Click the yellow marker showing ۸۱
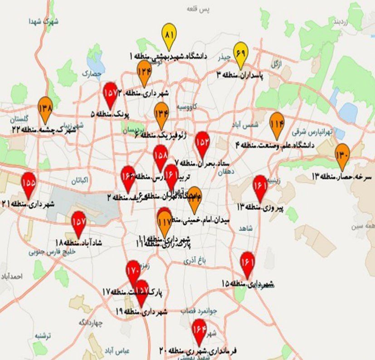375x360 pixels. pos(170,35)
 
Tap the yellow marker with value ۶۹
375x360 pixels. pos(241,54)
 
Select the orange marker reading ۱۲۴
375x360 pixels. pos(144,72)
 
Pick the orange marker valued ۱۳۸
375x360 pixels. pos(45,108)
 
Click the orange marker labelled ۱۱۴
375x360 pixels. pos(277,123)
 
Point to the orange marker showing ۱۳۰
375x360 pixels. pos(342,155)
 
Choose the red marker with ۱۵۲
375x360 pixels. pos(202,143)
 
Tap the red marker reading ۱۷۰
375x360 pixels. pos(133,271)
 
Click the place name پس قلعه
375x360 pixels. pos(198,9)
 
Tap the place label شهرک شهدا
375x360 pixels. pos(44,21)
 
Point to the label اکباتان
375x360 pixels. pos(79,180)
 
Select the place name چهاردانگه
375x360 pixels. pos(91,323)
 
